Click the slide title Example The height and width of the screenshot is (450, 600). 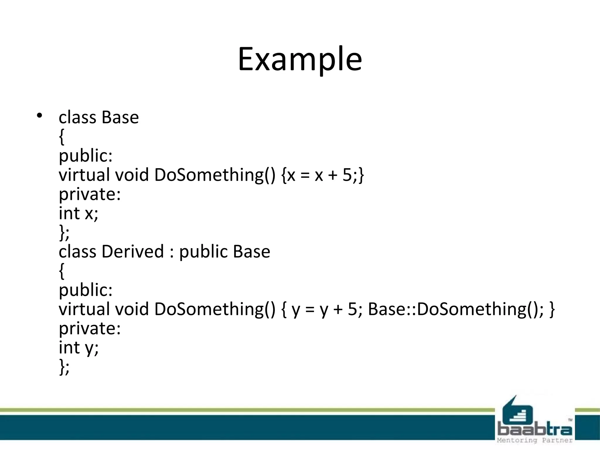point(300,59)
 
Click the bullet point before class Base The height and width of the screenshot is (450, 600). point(39,115)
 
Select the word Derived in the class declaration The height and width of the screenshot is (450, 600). point(132,251)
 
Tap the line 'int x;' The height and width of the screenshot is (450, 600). point(79,213)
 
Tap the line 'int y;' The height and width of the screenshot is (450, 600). point(79,348)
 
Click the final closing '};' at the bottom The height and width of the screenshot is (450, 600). point(64,367)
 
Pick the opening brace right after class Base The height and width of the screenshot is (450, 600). point(62,137)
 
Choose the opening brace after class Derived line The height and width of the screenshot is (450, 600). point(62,271)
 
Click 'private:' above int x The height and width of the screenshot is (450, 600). point(90,194)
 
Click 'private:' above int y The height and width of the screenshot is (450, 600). point(90,328)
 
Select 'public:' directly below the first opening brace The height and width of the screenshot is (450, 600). point(86,156)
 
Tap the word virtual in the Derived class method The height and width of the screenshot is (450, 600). point(84,309)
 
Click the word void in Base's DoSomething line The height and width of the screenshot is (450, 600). point(132,175)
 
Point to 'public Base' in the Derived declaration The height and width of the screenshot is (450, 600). point(224,251)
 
